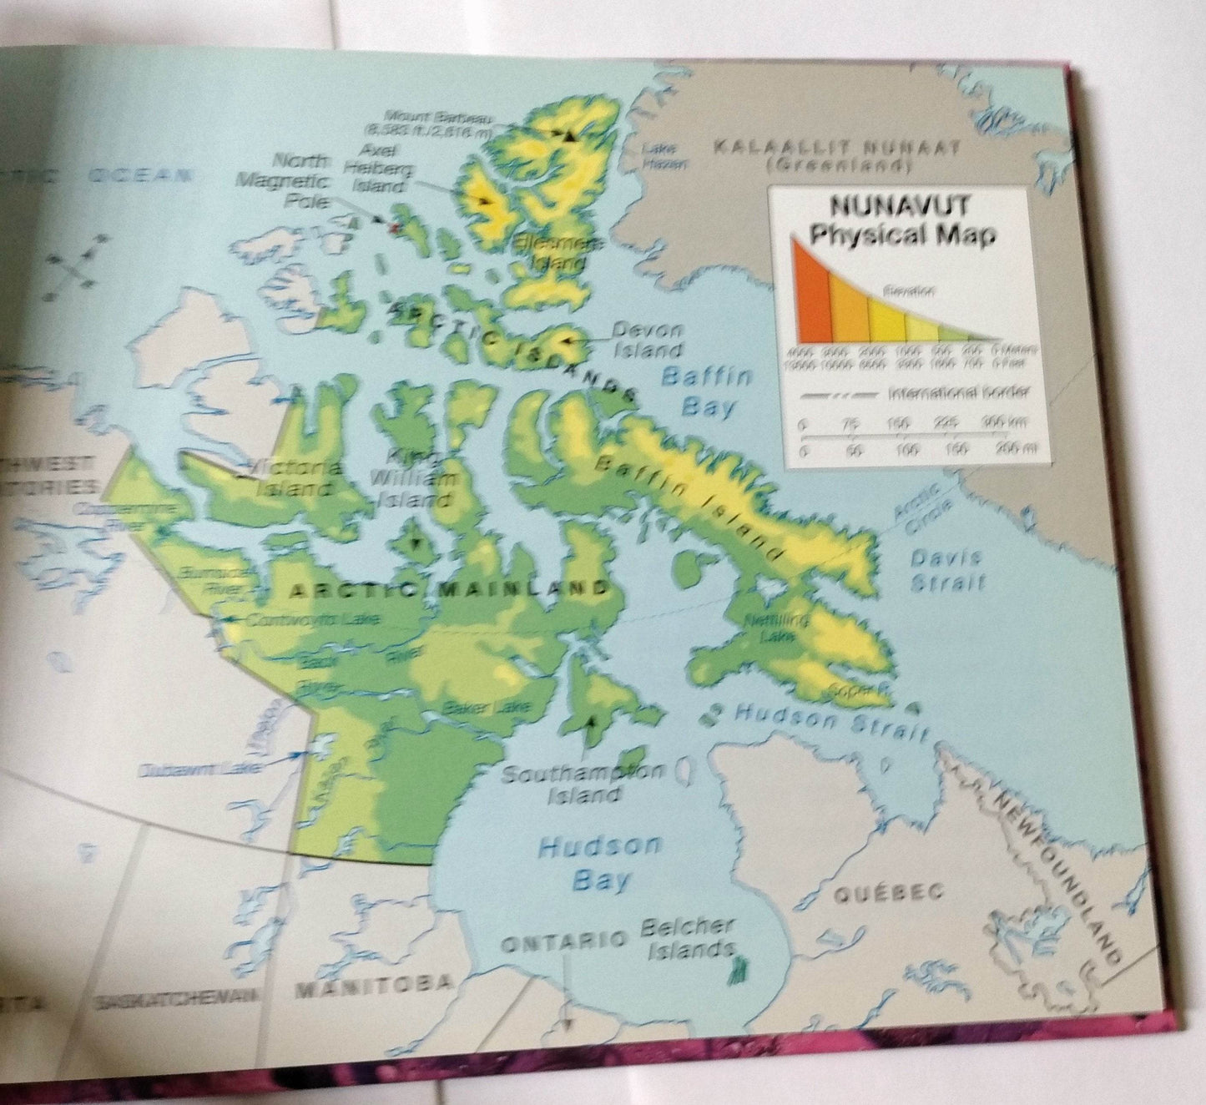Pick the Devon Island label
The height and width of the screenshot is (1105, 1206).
647,340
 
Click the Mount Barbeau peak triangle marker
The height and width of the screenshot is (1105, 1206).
570,135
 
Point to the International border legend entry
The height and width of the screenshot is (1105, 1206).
958,392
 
